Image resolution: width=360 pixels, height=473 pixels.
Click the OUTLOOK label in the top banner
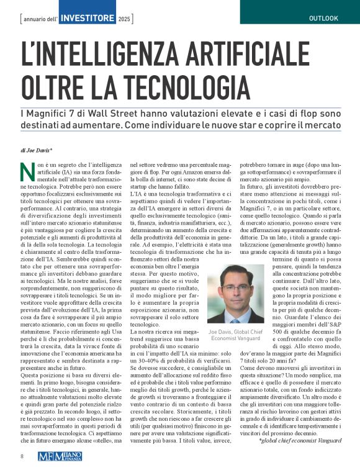(x=323, y=18)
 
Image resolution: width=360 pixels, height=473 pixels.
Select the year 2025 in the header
(x=125, y=19)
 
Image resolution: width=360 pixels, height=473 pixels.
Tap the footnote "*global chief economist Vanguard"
(x=300, y=440)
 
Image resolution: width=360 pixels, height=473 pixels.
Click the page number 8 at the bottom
(x=21, y=455)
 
